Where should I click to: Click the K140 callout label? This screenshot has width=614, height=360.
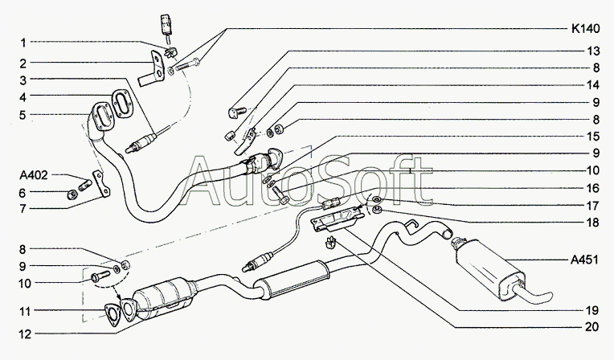[585, 29]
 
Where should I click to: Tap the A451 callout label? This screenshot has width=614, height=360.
[584, 260]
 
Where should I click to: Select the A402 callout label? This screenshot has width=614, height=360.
[34, 175]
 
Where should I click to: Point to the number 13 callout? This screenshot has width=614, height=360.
[593, 51]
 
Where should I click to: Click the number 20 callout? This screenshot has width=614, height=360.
[592, 327]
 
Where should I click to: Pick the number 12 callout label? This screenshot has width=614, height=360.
[25, 334]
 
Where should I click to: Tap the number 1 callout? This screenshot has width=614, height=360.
[23, 43]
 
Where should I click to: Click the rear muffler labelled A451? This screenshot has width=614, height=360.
[490, 270]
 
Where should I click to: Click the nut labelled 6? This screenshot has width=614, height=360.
[72, 194]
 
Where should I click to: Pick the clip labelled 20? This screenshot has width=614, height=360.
[331, 242]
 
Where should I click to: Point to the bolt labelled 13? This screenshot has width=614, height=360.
[236, 112]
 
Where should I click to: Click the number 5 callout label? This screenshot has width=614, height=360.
[23, 115]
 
